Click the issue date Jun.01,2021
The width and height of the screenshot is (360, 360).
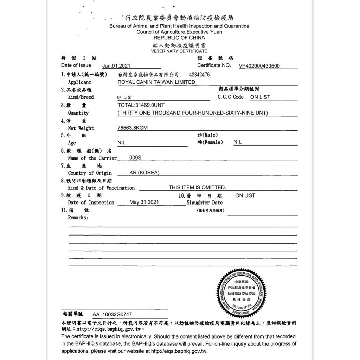pyautogui.click(x=116, y=66)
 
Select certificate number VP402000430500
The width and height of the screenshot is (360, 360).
pyautogui.click(x=259, y=66)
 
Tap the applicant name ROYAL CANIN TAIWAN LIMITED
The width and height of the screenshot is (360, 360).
pyautogui.click(x=156, y=82)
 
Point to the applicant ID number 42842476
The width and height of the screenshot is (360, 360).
pyautogui.click(x=199, y=75)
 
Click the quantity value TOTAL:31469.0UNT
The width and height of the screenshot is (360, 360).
pyautogui.click(x=141, y=105)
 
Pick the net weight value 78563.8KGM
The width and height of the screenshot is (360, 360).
pyautogui.click(x=132, y=128)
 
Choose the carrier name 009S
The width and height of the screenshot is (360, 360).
pyautogui.click(x=135, y=158)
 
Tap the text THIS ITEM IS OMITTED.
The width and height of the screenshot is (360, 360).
pyautogui.click(x=197, y=188)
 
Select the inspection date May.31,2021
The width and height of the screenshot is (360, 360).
pyautogui.click(x=144, y=202)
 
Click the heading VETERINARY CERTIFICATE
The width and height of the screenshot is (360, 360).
pyautogui.click(x=179, y=51)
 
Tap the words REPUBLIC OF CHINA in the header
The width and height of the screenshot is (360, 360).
pyautogui.click(x=179, y=38)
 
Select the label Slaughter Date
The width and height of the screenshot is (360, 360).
pyautogui.click(x=205, y=202)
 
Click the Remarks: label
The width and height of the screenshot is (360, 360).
pyautogui.click(x=78, y=218)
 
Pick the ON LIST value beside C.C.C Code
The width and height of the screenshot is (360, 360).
pyautogui.click(x=260, y=97)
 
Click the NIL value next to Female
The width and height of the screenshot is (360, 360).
pyautogui.click(x=237, y=142)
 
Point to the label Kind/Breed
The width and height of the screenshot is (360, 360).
pyautogui.click(x=81, y=97)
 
